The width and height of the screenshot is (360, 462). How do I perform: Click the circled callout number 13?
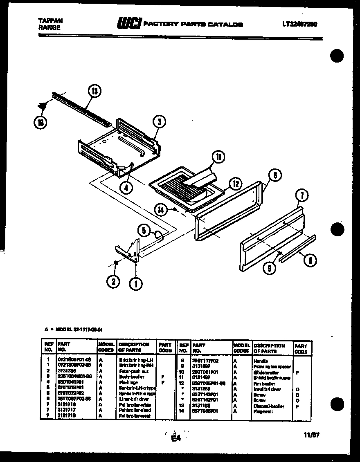pyautogui.click(x=95, y=92)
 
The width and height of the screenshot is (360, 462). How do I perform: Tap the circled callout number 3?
pyautogui.click(x=160, y=121)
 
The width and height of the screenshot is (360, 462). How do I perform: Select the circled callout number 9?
pyautogui.click(x=269, y=269)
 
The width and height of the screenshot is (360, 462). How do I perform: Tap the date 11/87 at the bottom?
pyautogui.click(x=312, y=435)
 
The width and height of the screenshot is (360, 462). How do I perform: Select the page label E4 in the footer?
pyautogui.click(x=176, y=438)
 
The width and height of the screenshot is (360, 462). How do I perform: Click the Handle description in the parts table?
pyautogui.click(x=261, y=361)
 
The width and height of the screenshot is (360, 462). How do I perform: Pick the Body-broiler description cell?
pyautogui.click(x=131, y=377)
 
